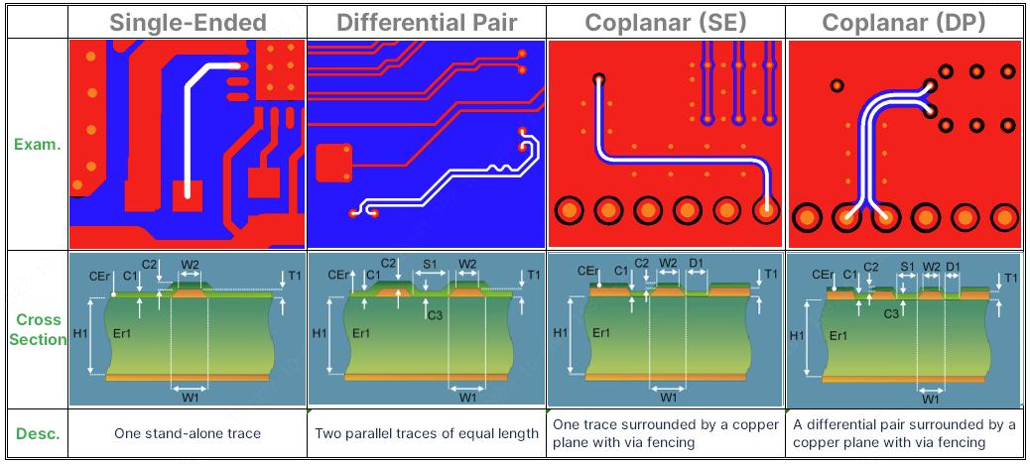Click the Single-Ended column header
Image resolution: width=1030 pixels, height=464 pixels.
click(188, 22)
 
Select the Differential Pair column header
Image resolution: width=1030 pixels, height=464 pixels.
click(427, 22)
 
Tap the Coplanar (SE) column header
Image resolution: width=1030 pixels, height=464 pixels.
click(665, 22)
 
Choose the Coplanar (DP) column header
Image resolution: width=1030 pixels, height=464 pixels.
click(904, 22)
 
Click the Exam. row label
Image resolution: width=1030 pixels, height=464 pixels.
click(37, 144)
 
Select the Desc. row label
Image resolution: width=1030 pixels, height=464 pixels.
click(37, 433)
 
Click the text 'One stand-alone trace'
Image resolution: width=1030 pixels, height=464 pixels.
click(188, 433)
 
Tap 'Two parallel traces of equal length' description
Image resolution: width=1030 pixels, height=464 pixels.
click(427, 433)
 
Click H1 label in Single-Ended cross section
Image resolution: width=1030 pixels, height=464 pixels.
click(79, 333)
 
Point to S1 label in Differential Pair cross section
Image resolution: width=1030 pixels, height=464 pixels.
click(430, 265)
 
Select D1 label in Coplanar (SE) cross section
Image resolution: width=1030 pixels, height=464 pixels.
click(696, 264)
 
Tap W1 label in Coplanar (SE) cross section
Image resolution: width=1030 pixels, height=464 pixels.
click(668, 397)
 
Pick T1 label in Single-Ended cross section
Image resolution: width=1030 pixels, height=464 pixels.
click(295, 275)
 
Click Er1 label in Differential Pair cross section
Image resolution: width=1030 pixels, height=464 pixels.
click(361, 334)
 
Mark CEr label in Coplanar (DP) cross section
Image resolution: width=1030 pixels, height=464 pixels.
click(822, 275)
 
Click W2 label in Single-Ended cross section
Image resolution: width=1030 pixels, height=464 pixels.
click(191, 265)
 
